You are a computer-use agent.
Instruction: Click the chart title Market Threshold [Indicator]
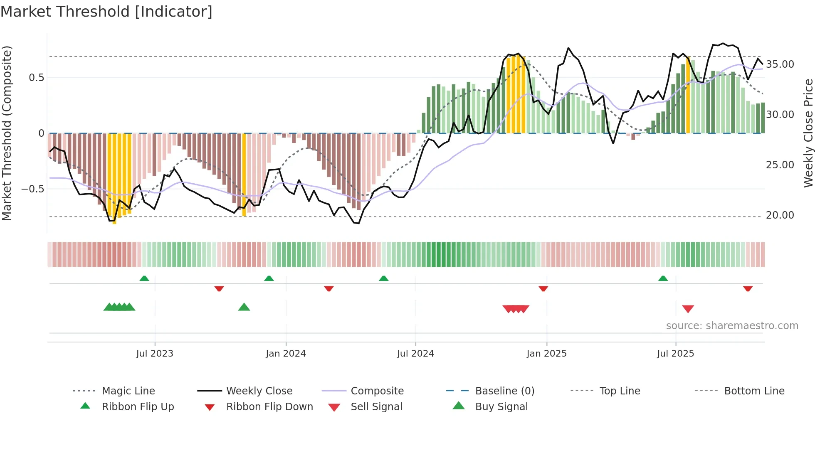tap(106, 12)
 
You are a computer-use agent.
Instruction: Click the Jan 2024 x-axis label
tap(286, 353)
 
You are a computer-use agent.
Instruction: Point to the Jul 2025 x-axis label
tap(675, 353)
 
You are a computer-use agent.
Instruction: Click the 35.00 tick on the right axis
tap(780, 64)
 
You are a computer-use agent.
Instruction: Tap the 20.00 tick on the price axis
tap(780, 215)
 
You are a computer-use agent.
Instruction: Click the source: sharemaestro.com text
tap(732, 325)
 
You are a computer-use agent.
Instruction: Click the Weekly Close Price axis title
tap(808, 133)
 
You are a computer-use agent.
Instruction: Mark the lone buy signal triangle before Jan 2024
tap(244, 307)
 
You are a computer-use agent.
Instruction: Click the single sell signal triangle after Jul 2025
tap(688, 309)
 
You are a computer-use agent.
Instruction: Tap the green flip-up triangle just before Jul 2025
tap(663, 278)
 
